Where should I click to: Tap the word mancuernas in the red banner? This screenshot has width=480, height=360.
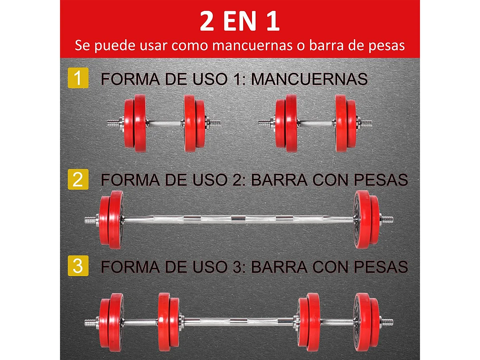pyautogui.click(x=252, y=45)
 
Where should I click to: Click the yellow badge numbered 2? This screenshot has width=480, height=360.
pyautogui.click(x=78, y=180)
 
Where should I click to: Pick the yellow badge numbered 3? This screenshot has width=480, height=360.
pyautogui.click(x=78, y=266)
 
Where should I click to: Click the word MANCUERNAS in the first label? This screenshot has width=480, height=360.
pyautogui.click(x=309, y=79)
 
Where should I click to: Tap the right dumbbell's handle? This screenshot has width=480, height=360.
pyautogui.click(x=316, y=123)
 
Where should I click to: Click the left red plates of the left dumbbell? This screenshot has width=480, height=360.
pyautogui.click(x=135, y=123)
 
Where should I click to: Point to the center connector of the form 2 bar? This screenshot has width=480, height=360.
pyautogui.click(x=239, y=218)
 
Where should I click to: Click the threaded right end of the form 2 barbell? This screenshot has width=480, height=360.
pyautogui.click(x=387, y=219)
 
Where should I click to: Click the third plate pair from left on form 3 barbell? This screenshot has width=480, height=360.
pyautogui.click(x=308, y=322)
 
